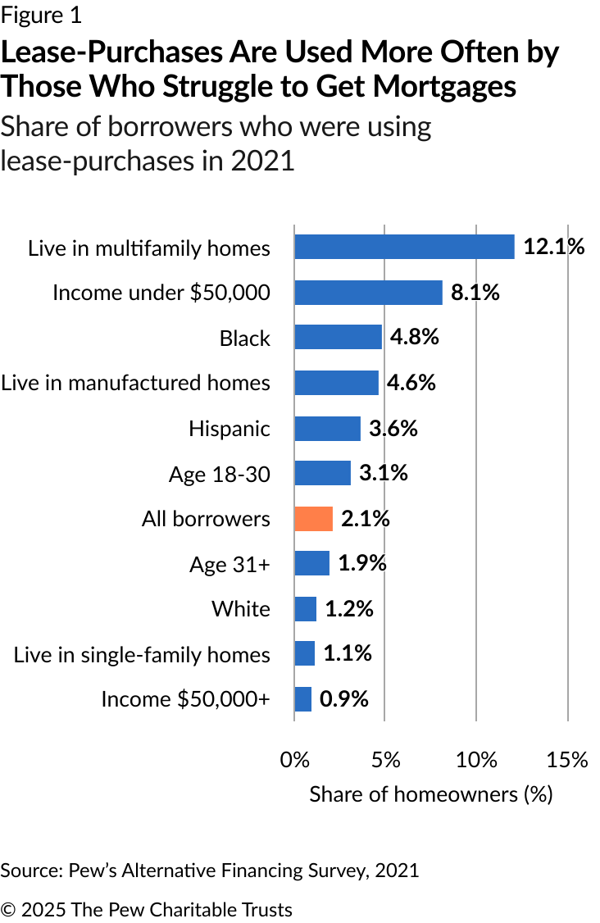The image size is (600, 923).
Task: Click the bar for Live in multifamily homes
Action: coord(405,247)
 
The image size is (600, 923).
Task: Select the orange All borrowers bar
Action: coord(314,519)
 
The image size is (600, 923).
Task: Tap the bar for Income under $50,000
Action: coord(369,293)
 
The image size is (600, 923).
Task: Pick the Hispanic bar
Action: coord(327,429)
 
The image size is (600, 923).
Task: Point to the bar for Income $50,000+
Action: coord(303,699)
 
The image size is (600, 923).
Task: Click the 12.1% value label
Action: coord(554,246)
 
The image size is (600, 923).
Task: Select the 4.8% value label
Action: coord(415,337)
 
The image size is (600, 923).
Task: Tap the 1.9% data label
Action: coord(362,563)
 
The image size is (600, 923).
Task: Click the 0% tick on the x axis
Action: coord(294,760)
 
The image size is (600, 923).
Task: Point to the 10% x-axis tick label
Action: coord(476,760)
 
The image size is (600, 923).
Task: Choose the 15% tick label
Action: coord(567,760)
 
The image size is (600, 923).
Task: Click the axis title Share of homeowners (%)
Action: coord(431,794)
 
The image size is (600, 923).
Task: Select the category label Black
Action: coord(245,339)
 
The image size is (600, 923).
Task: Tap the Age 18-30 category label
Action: coord(220,475)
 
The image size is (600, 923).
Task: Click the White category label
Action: coord(241,609)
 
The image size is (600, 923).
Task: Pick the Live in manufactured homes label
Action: coord(135,383)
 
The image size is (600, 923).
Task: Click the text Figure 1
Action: coord(41,16)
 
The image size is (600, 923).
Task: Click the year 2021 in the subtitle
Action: coord(262,161)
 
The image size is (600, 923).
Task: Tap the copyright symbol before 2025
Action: coord(8,909)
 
